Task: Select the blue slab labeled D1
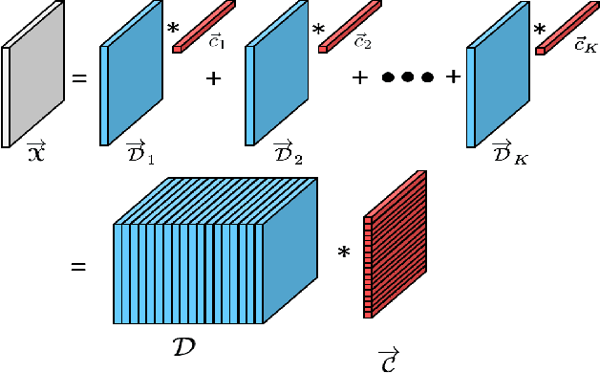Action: click(135, 81)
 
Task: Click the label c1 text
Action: click(217, 43)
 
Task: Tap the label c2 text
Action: click(362, 43)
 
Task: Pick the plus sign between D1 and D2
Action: click(212, 77)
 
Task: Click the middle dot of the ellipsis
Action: click(408, 77)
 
